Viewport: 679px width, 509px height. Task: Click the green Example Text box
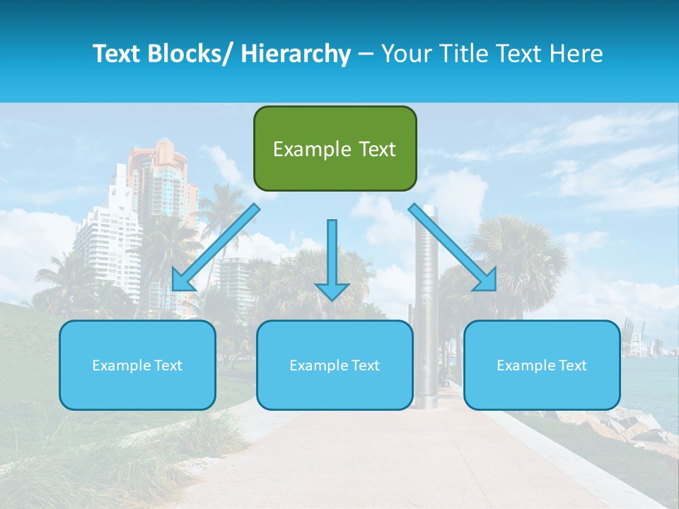335,148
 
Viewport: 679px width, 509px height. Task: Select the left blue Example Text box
137,365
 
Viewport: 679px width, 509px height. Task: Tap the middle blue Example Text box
335,365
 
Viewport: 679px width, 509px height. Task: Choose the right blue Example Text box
542,365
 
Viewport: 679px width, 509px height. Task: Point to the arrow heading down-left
216,247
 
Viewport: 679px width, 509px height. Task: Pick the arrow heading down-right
453,247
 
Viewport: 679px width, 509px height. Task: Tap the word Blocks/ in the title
186,54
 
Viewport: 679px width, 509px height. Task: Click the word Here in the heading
578,54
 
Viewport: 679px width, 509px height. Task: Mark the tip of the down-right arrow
495,290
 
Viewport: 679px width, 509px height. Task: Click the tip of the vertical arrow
332,300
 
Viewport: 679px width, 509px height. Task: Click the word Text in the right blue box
572,365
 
